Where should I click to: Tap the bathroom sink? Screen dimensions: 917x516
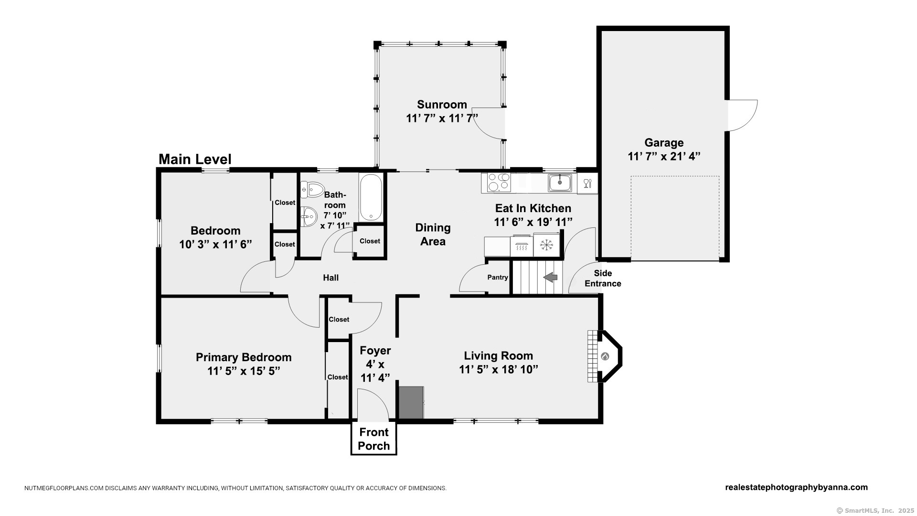coord(309,217)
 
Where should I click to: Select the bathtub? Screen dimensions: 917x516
coord(371,197)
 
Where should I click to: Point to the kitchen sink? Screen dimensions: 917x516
coord(560,183)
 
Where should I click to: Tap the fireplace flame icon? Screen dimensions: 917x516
coord(605,356)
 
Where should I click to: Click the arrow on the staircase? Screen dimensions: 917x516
coord(550,277)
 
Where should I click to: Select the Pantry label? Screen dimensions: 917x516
coord(498,277)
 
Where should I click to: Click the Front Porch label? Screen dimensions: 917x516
coord(374,439)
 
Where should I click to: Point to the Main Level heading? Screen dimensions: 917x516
coord(195,159)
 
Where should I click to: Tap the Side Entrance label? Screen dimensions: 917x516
coord(603,279)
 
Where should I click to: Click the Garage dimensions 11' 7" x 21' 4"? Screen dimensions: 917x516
coord(664,156)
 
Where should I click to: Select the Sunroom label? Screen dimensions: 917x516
coord(442,104)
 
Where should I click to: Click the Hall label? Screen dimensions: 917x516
coord(331,278)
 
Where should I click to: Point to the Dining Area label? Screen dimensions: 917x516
coord(433,235)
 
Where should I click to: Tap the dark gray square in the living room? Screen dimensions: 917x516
coord(411,402)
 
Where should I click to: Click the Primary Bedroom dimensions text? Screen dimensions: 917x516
coord(244,371)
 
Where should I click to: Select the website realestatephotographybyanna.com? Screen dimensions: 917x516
coord(796,487)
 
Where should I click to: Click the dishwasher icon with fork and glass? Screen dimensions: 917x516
coord(587,183)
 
